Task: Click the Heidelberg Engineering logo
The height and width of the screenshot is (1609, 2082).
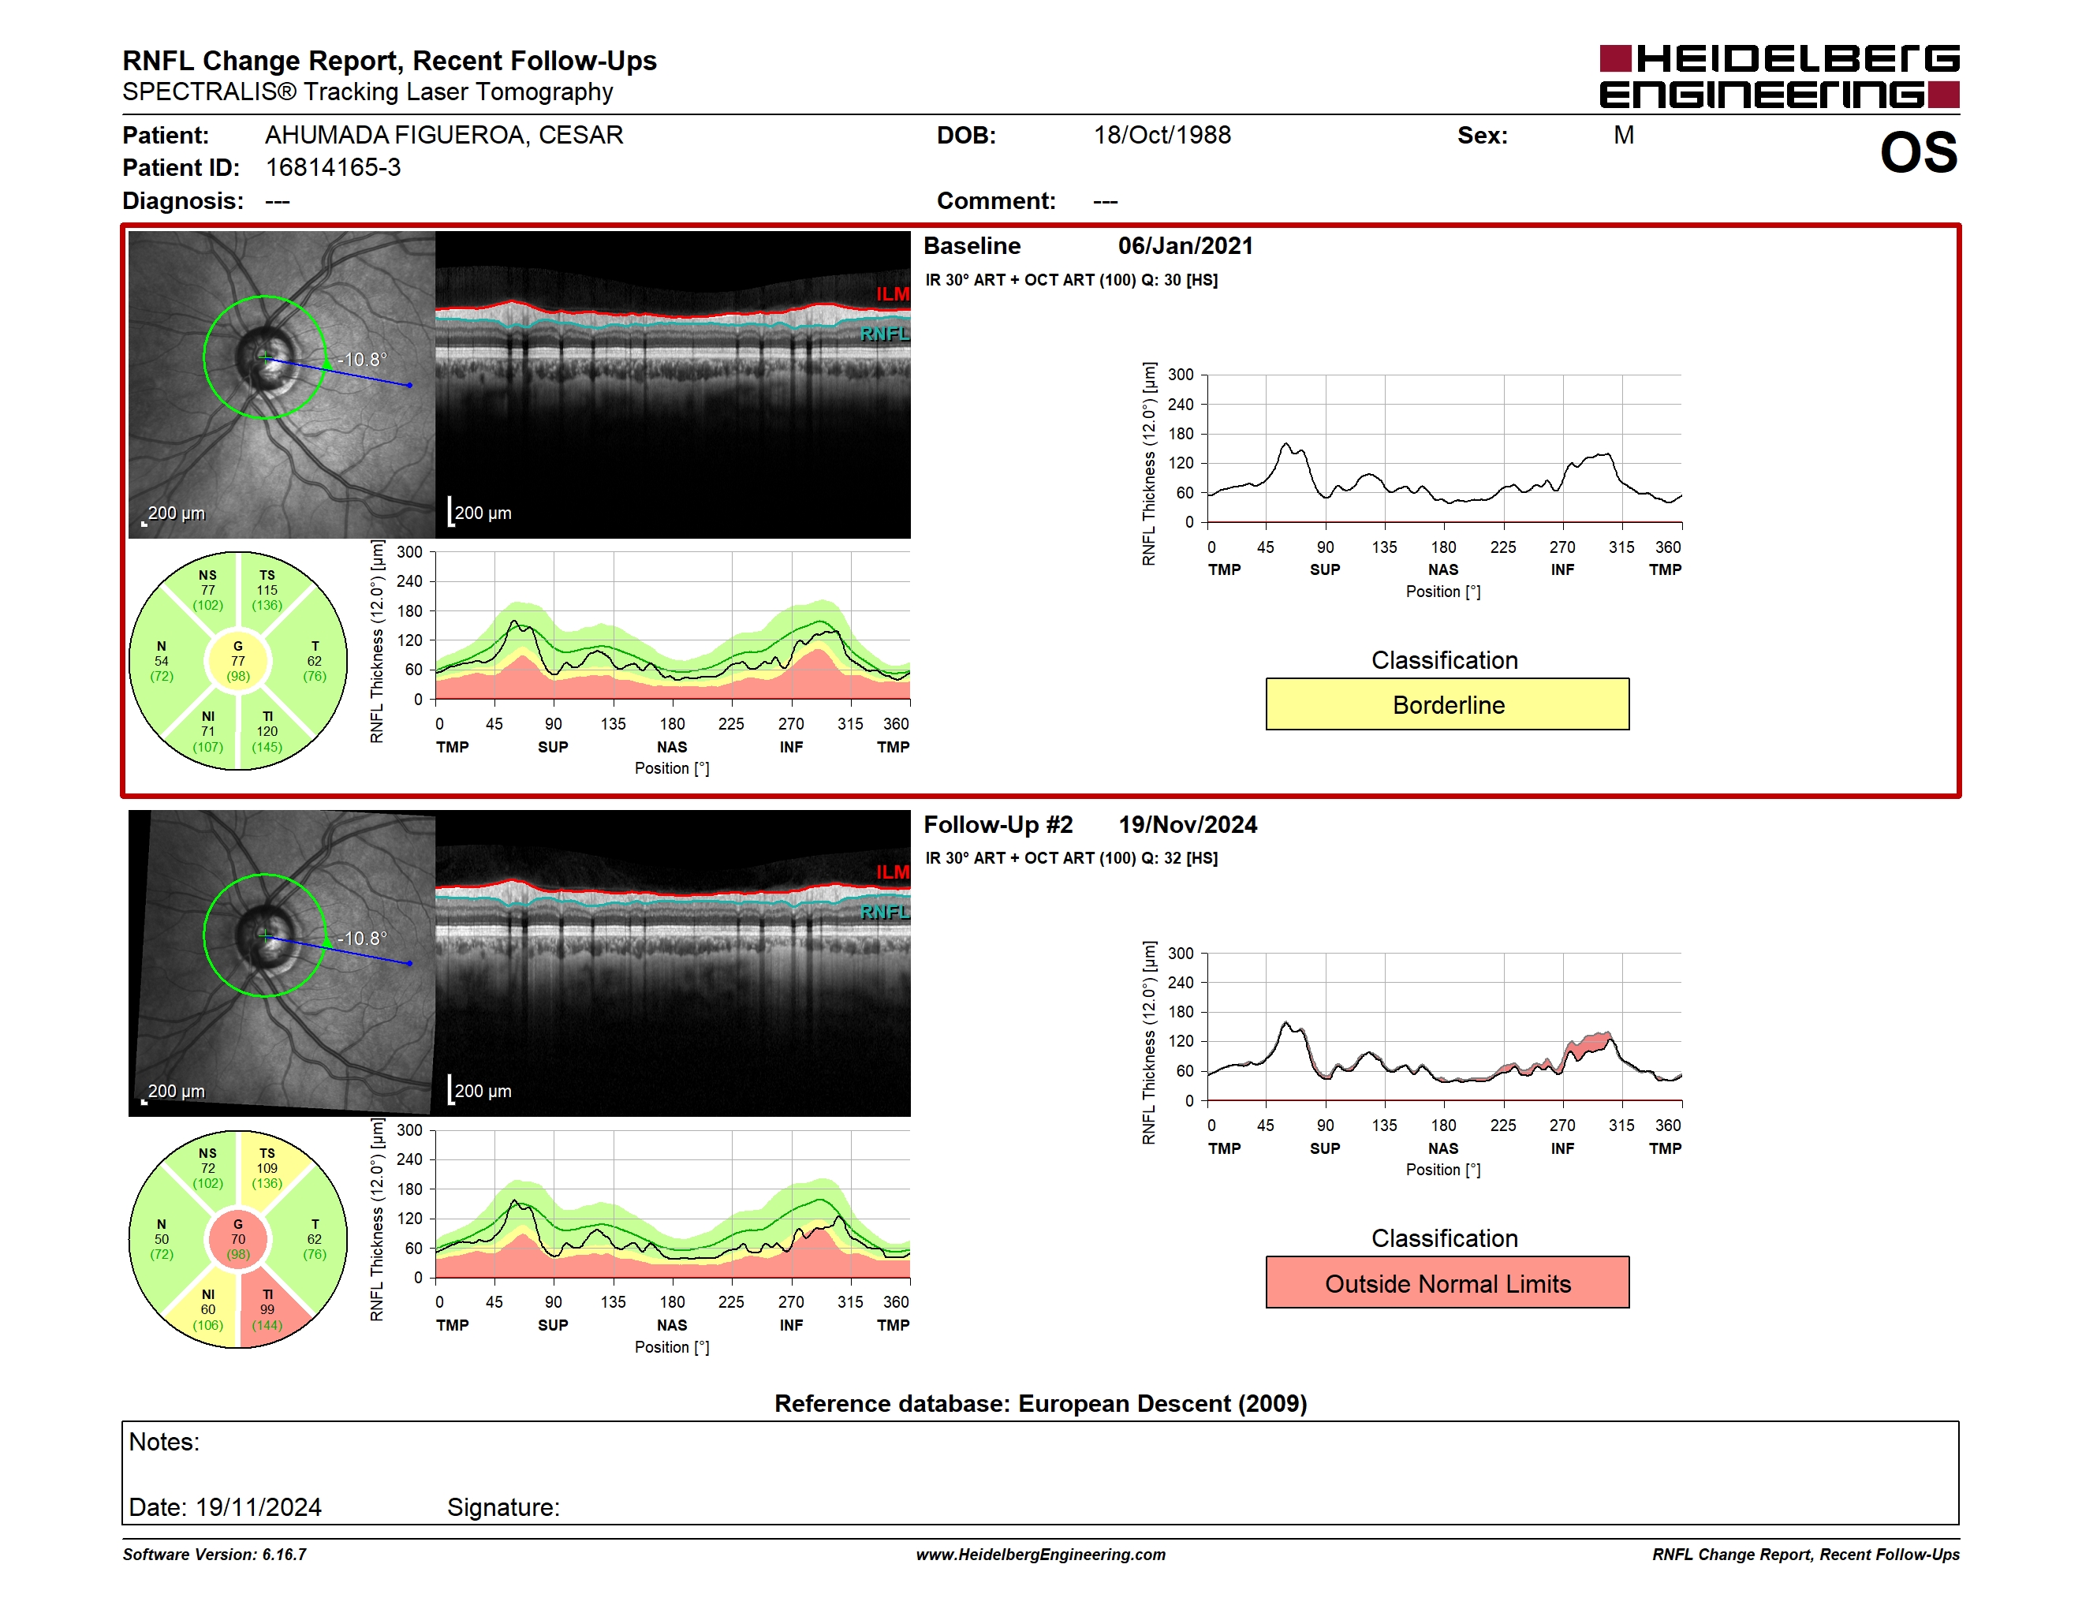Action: click(x=1779, y=77)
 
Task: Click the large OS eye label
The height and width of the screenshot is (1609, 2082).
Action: click(x=1918, y=152)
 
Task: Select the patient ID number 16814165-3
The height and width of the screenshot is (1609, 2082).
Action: click(x=333, y=168)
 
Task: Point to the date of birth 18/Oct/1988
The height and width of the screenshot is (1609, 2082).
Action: click(x=1162, y=136)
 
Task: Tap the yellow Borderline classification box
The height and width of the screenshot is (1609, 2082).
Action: click(x=1447, y=704)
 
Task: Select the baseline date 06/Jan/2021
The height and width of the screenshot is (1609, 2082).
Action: click(x=1185, y=246)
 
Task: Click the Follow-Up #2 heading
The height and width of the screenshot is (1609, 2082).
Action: click(x=998, y=824)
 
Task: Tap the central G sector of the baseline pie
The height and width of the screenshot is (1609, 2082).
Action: click(x=238, y=661)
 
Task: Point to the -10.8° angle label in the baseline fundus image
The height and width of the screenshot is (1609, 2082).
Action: click(x=362, y=360)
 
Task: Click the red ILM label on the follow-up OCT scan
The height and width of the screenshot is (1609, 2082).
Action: click(x=892, y=872)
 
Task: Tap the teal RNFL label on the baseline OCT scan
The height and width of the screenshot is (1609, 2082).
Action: click(x=885, y=334)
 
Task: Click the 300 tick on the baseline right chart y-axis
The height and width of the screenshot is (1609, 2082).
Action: click(x=1180, y=375)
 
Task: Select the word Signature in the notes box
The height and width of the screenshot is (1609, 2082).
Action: click(x=502, y=1507)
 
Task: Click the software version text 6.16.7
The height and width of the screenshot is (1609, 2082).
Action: click(x=284, y=1555)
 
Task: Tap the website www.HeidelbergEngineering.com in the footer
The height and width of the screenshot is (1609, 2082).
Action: click(x=1041, y=1555)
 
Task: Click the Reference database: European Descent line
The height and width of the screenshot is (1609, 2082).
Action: click(x=1041, y=1403)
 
